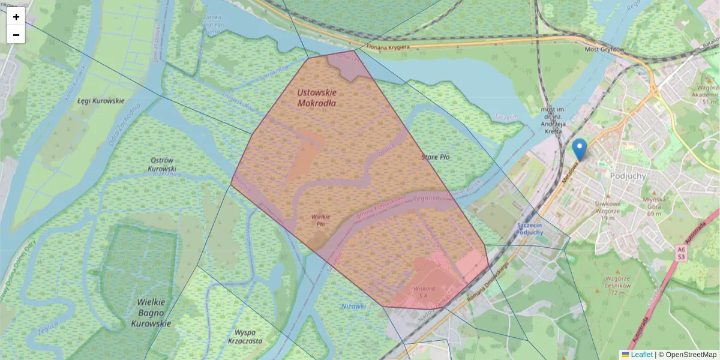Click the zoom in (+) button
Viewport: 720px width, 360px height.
coord(16,17)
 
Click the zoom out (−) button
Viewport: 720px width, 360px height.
coord(16,35)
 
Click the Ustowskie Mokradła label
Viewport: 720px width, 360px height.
coord(317,98)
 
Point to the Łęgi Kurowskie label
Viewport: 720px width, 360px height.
coord(101,101)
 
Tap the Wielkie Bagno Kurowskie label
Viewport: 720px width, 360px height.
coord(151,313)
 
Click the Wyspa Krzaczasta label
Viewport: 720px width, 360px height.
coord(245,337)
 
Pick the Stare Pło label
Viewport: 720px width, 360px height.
coord(436,157)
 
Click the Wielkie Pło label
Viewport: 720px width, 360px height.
coord(321,220)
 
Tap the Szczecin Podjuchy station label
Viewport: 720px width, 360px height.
coord(529,228)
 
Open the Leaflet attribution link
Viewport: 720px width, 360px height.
coord(641,355)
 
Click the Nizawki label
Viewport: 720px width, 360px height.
coord(353,306)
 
